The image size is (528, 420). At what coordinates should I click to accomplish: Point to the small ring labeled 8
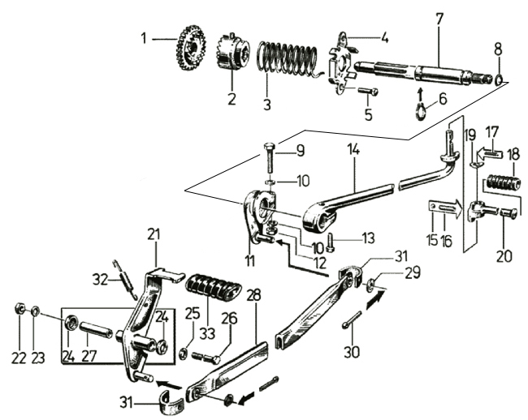click(x=498, y=79)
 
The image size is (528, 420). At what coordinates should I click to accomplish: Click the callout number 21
click(x=154, y=234)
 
